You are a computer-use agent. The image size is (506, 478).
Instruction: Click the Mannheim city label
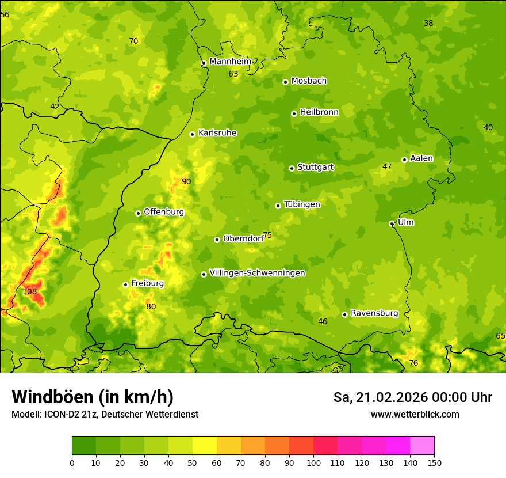(x=231, y=62)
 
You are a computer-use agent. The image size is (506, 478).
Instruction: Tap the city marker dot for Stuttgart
(x=292, y=168)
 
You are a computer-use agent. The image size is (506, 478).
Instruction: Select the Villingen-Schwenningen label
(x=257, y=273)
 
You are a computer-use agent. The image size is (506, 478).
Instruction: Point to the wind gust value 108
(x=30, y=292)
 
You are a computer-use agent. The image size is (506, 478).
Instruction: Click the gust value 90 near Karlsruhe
(x=186, y=182)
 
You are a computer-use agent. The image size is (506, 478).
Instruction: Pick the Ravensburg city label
(x=374, y=313)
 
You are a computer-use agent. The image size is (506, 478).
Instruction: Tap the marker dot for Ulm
(x=392, y=223)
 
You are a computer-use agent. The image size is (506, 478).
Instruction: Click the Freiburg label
(x=148, y=283)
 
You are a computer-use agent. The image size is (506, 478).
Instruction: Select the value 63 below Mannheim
(x=233, y=74)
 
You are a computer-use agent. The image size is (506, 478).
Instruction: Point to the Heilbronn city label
(x=319, y=112)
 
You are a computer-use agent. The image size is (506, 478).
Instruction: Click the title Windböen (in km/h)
(x=93, y=397)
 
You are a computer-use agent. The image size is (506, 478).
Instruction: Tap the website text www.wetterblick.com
(x=415, y=415)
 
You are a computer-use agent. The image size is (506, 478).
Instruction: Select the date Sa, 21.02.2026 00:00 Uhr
(x=412, y=397)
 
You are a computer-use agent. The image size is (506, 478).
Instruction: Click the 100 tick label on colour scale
(x=313, y=462)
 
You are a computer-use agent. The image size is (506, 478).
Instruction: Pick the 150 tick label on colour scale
(x=434, y=462)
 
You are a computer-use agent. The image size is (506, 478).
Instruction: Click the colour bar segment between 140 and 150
(x=422, y=446)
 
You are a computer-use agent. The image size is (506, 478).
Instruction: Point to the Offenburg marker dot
(x=138, y=213)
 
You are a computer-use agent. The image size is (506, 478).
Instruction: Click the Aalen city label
(x=421, y=158)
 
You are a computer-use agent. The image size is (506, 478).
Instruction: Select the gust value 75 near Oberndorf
(x=267, y=236)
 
